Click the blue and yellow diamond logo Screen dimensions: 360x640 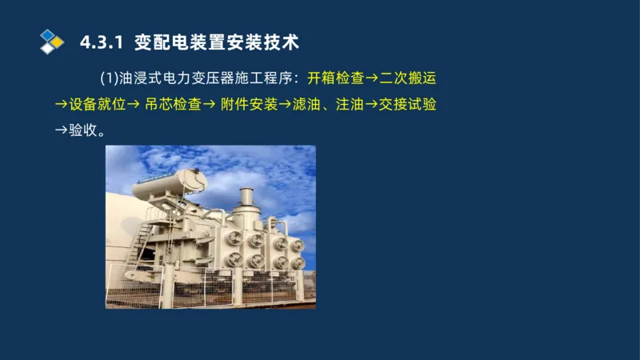51,41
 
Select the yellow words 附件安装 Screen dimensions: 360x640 250,105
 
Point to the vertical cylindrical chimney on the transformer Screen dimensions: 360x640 246,200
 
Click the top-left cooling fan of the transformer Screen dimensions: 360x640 235,240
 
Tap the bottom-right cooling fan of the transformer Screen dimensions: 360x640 298,262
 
